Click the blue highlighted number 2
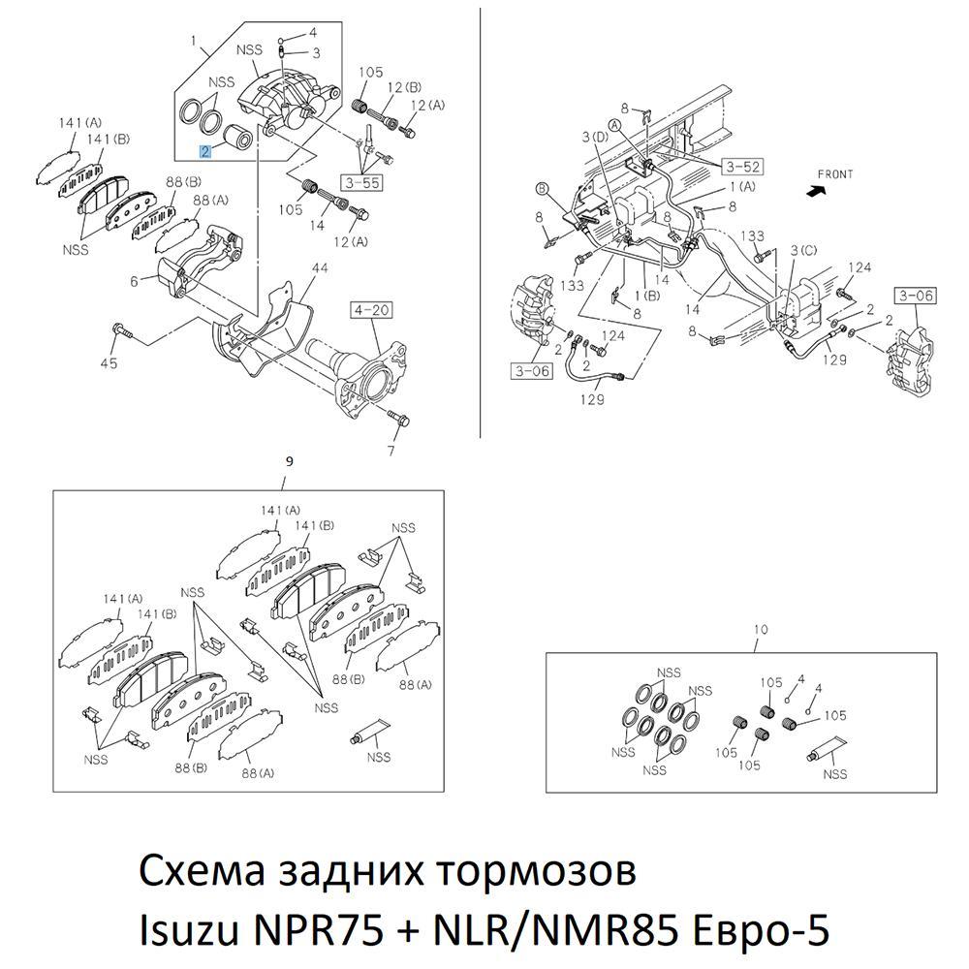coord(204,151)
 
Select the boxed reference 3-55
coord(360,180)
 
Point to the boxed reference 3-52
coord(743,167)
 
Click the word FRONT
coord(834,174)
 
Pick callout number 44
coord(320,267)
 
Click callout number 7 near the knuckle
coord(392,451)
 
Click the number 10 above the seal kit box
coord(761,630)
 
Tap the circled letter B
coord(543,188)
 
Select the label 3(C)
coord(802,251)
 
